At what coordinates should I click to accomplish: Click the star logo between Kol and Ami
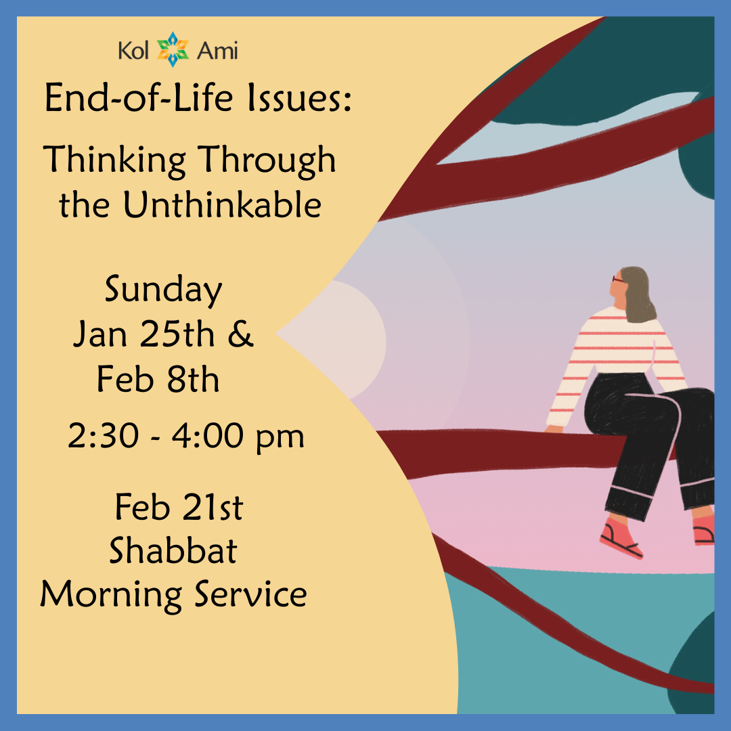(x=173, y=49)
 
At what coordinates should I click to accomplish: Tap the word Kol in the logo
(x=133, y=50)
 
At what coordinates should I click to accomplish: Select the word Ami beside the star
(x=217, y=50)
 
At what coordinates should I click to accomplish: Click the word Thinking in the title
(x=115, y=161)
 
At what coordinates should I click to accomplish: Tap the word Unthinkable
(x=221, y=205)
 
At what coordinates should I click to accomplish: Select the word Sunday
(x=163, y=291)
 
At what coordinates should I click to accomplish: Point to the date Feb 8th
(x=158, y=380)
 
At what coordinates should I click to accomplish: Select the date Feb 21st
(x=179, y=508)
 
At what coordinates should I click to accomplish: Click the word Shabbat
(x=173, y=551)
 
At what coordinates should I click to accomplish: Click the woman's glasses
(x=618, y=279)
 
